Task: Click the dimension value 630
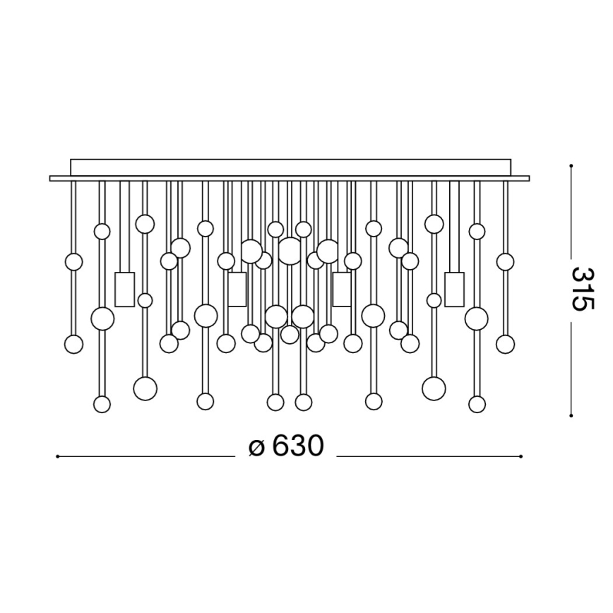click(x=297, y=446)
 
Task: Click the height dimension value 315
click(x=583, y=289)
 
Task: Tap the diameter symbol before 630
click(x=256, y=447)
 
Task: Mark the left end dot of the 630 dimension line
click(x=57, y=457)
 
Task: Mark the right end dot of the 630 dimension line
click(x=520, y=457)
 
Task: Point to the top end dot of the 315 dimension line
click(x=571, y=166)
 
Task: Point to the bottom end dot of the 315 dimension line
click(x=571, y=416)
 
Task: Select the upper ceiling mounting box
click(x=290, y=167)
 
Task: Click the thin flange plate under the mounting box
click(x=289, y=179)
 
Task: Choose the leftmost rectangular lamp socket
click(x=124, y=290)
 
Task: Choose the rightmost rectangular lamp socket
click(x=454, y=290)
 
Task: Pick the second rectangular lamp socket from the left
click(x=237, y=290)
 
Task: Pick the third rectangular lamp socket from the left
click(x=342, y=290)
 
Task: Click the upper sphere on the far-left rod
click(x=73, y=262)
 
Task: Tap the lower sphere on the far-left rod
click(x=73, y=344)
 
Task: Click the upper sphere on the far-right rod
click(x=505, y=262)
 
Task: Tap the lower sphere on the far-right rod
click(x=505, y=344)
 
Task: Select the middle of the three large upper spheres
click(x=290, y=251)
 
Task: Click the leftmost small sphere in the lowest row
click(x=102, y=404)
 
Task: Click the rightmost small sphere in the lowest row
click(x=477, y=404)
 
